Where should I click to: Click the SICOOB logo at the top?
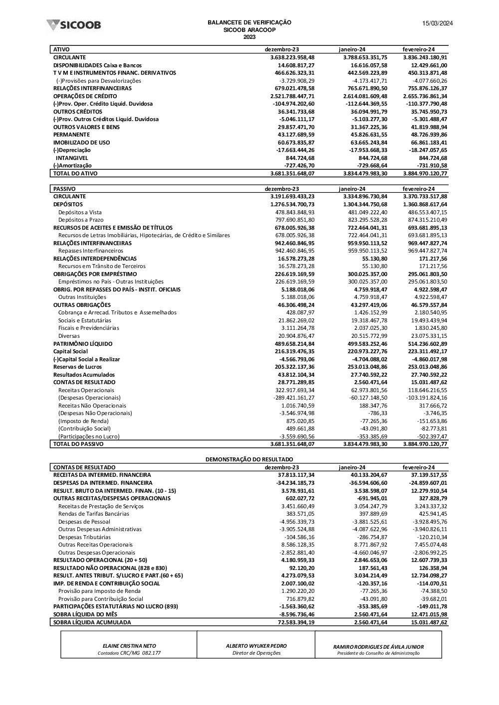point(73,24)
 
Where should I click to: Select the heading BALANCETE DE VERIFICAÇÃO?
point(249,22)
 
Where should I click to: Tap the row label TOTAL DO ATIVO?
point(75,173)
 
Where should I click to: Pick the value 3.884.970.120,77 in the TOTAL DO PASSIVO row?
point(425,444)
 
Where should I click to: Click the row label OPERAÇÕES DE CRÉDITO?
point(85,96)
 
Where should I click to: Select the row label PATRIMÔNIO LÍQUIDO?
point(83,344)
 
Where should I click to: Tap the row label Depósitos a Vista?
point(80,212)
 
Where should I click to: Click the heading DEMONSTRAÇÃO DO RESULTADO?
point(249,459)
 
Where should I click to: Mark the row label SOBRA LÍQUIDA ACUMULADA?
point(92,622)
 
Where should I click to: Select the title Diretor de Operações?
point(256,653)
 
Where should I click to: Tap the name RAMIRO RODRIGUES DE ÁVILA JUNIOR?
point(378,647)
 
